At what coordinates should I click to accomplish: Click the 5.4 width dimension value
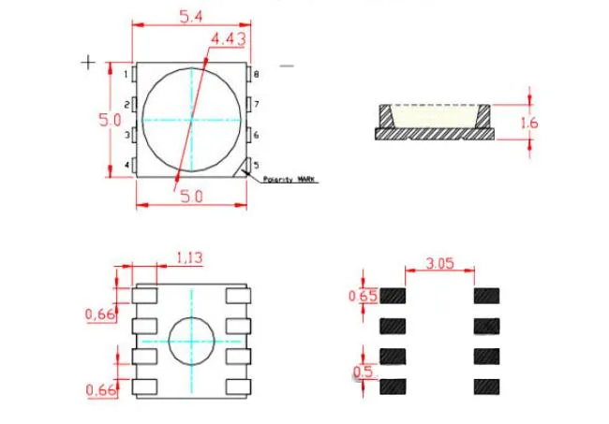[191, 15]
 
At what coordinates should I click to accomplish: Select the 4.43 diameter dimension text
[229, 38]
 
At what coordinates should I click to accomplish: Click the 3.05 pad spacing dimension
[439, 264]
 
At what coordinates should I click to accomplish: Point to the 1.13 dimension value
[191, 256]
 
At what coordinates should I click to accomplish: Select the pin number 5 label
[256, 166]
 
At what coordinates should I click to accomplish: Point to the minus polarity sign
[287, 66]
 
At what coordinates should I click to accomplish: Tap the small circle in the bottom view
[193, 341]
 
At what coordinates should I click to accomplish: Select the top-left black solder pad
[394, 296]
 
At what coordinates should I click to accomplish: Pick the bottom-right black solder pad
[486, 386]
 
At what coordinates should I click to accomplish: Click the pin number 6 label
[256, 135]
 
